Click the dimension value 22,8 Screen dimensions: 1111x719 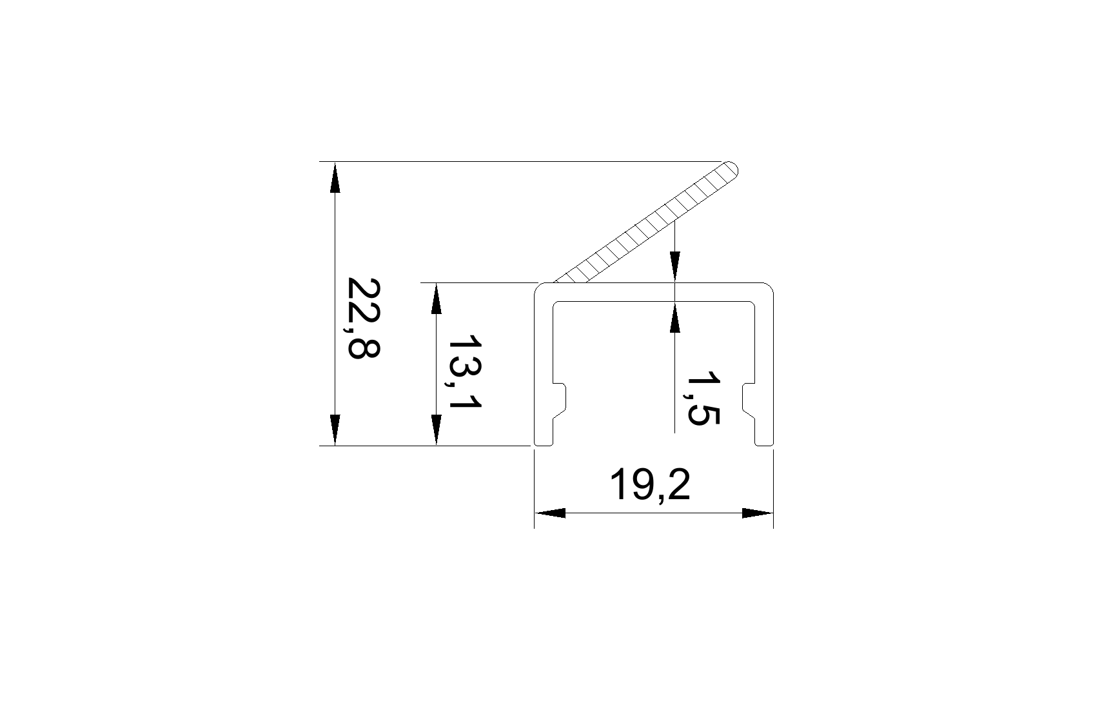click(x=364, y=317)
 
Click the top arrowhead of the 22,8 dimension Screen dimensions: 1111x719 click(x=334, y=177)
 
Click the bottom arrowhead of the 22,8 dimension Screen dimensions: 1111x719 click(x=334, y=429)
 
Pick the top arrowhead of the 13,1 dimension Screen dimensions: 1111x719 click(x=437, y=299)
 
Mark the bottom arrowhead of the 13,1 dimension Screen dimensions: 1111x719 click(x=437, y=429)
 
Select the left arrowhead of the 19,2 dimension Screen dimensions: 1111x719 click(x=550, y=513)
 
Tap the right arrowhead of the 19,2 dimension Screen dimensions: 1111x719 click(x=758, y=513)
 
